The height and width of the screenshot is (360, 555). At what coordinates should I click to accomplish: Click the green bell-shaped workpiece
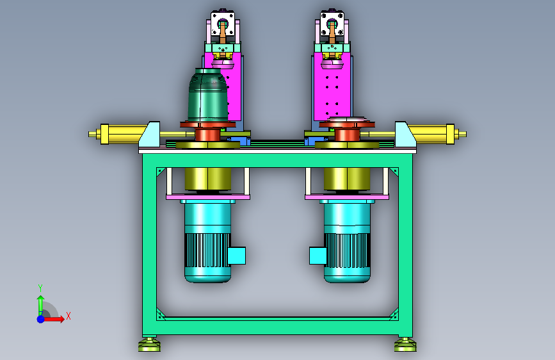click(x=207, y=95)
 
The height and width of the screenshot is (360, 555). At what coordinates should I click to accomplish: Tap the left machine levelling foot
click(x=149, y=345)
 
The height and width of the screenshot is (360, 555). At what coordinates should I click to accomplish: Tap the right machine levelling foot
click(x=405, y=345)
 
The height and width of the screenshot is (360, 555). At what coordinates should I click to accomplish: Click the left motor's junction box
click(x=236, y=256)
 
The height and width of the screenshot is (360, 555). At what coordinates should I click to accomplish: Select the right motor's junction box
click(x=318, y=256)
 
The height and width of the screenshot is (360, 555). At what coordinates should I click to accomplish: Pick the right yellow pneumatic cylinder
click(x=435, y=134)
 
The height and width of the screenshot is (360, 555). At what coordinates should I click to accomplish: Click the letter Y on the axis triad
click(x=40, y=288)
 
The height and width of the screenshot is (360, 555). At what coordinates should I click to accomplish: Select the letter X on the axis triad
click(x=68, y=316)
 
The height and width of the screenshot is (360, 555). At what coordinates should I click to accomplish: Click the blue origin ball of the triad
click(x=41, y=319)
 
